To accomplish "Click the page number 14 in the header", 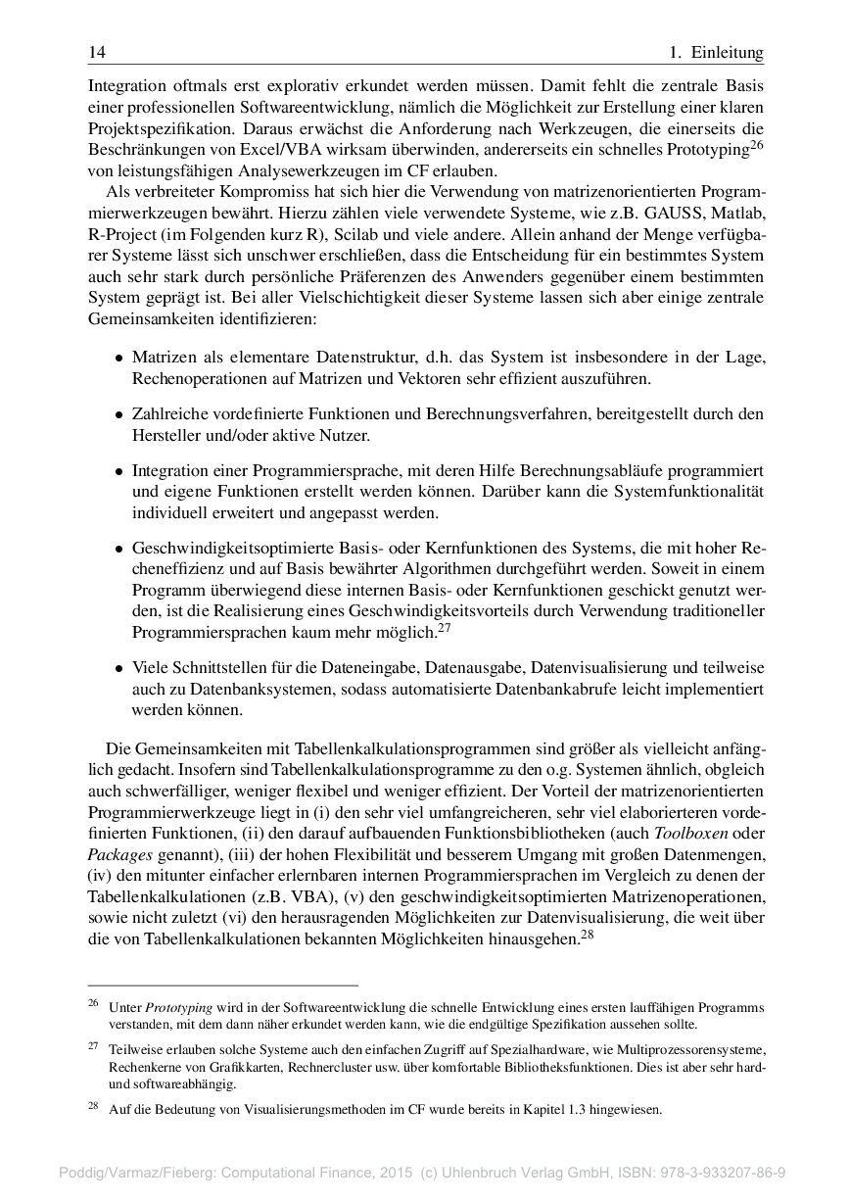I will [96, 52].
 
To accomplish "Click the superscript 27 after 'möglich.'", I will [444, 628].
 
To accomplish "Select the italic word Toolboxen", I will [699, 834].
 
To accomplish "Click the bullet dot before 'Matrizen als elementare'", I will [118, 359].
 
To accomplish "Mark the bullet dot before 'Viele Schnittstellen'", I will [118, 669].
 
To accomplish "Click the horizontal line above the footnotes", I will [223, 985].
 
